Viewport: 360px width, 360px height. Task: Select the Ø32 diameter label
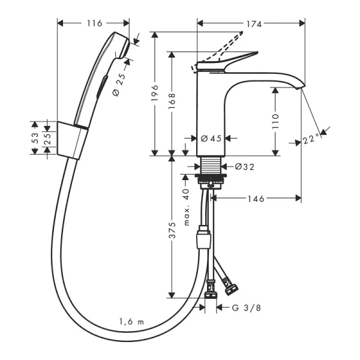click(x=244, y=167)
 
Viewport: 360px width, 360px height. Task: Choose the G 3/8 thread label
click(x=245, y=308)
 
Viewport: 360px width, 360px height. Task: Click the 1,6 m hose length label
click(x=131, y=323)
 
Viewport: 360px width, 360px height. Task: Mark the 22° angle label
click(x=311, y=140)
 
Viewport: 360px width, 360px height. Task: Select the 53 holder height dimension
click(x=35, y=136)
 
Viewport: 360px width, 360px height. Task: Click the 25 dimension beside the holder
click(x=48, y=137)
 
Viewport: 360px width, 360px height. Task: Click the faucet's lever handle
click(x=231, y=59)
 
